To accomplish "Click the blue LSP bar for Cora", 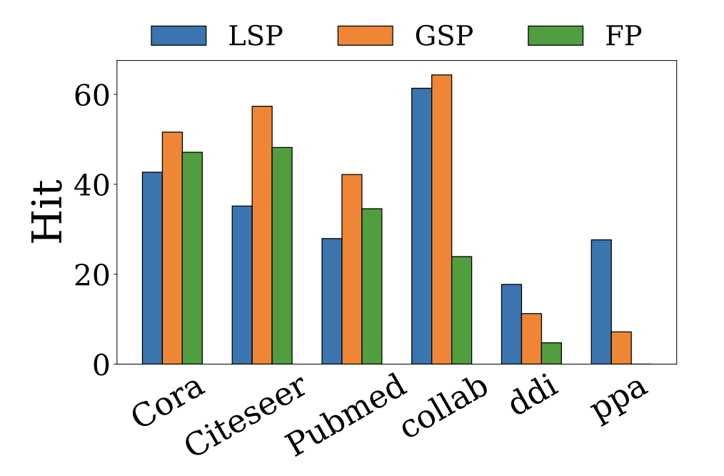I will click(x=152, y=268).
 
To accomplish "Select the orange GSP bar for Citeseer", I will click(x=262, y=235).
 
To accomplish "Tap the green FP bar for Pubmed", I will click(x=372, y=286).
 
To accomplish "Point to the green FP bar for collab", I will click(x=461, y=310).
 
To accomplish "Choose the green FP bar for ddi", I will click(x=551, y=353).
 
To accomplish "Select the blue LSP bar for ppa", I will click(x=601, y=302).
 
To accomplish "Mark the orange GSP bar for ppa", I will click(x=621, y=347).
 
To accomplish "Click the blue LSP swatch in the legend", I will click(x=179, y=36).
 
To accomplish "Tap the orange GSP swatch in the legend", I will click(x=365, y=36).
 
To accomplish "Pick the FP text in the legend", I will click(x=623, y=36).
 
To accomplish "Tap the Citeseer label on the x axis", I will click(x=246, y=415).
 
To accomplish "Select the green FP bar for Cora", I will click(x=192, y=258).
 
